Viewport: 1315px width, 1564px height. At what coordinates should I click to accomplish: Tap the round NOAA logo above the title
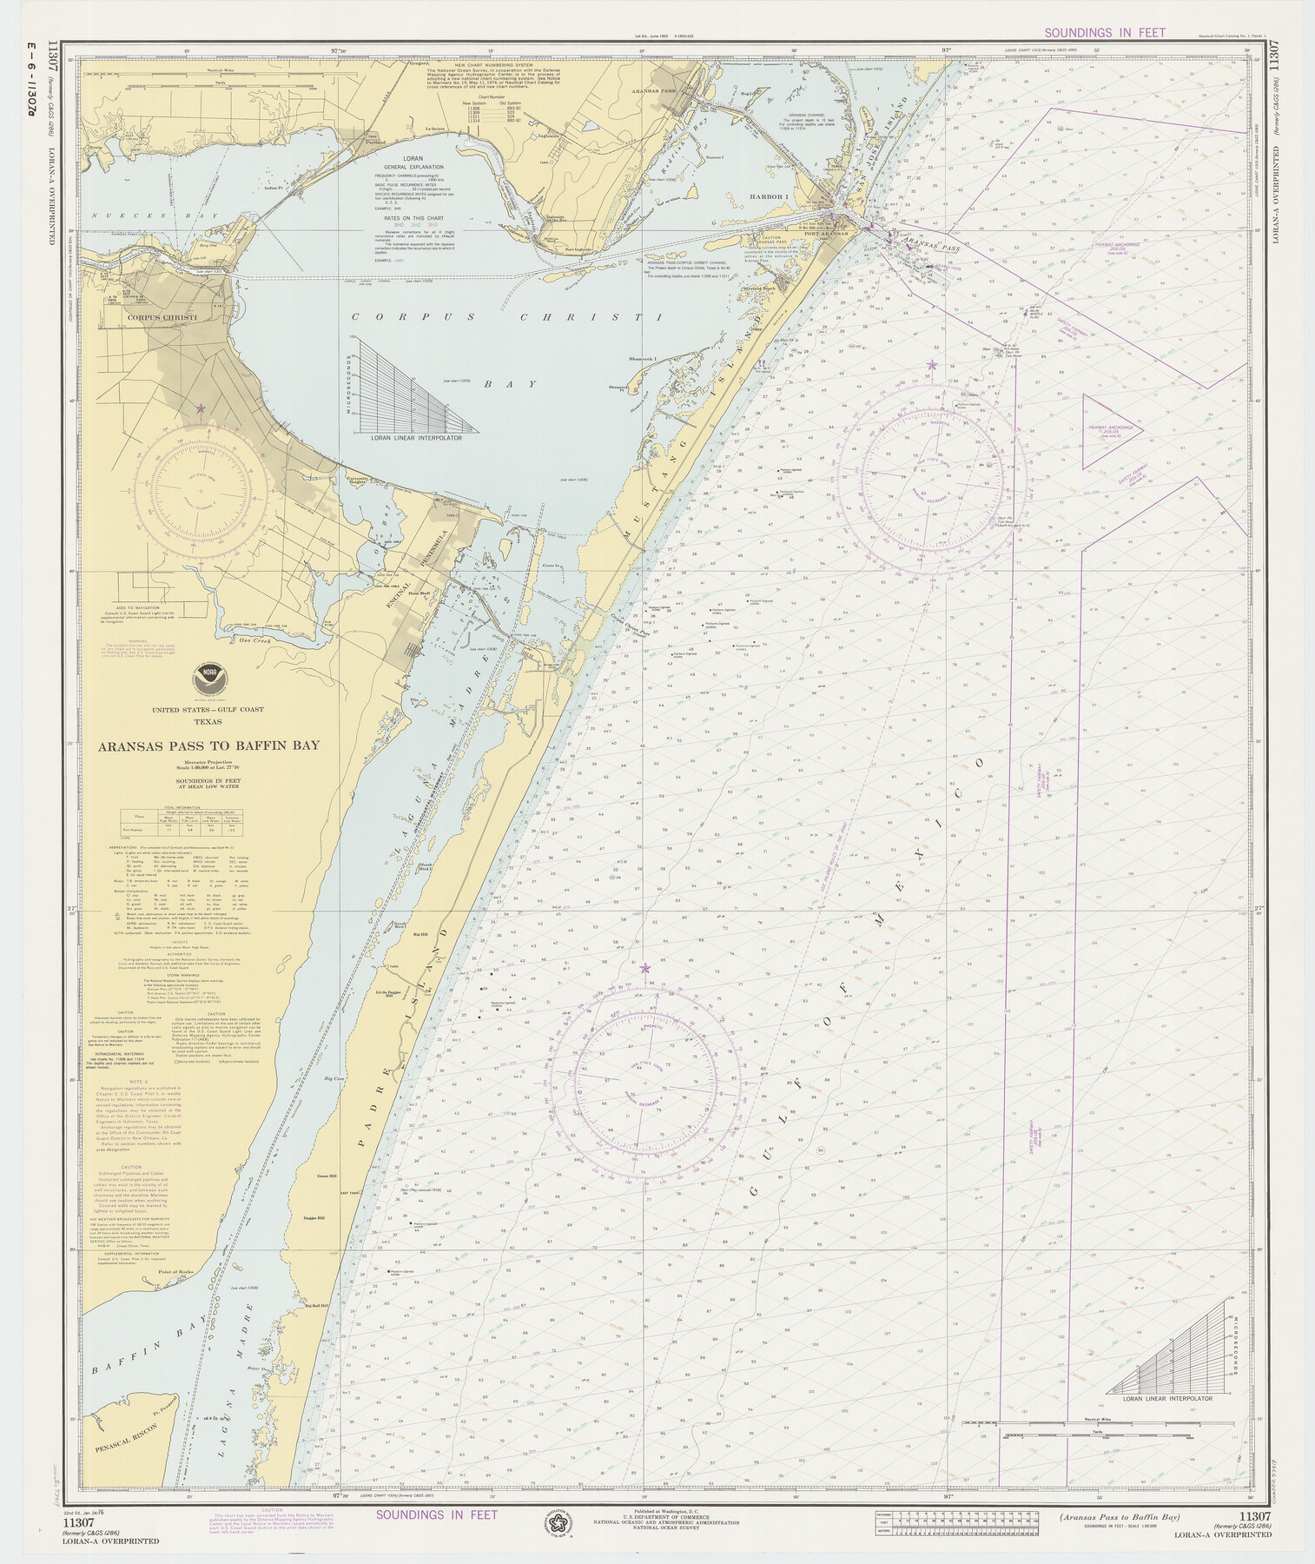click(x=208, y=675)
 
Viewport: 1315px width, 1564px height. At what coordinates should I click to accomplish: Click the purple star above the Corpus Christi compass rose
click(x=201, y=408)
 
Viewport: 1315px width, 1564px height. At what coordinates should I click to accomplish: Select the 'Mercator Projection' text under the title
click(x=208, y=761)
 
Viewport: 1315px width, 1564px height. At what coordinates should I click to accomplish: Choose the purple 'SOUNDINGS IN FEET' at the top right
click(x=1104, y=33)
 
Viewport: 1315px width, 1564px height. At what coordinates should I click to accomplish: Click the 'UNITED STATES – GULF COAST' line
click(x=208, y=710)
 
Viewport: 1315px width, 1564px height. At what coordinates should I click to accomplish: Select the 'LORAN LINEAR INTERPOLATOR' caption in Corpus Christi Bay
click(x=416, y=439)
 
